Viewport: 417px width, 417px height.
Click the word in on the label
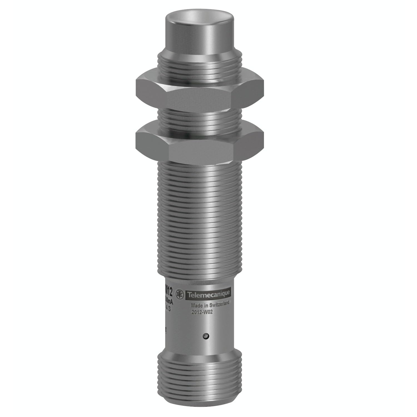point(206,305)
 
